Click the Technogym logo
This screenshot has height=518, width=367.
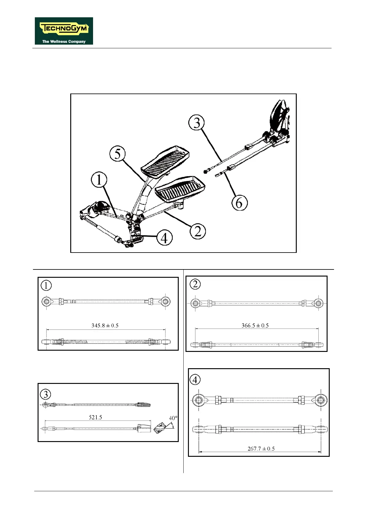[x=64, y=31]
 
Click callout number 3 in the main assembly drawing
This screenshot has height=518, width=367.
[x=197, y=123]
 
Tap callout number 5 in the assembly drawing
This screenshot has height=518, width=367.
[x=118, y=154]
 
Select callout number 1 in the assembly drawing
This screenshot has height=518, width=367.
[x=99, y=180]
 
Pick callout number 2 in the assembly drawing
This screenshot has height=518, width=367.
[x=198, y=231]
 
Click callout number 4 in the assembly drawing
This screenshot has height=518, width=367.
[x=164, y=238]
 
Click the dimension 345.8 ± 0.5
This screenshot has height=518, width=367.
[x=105, y=325]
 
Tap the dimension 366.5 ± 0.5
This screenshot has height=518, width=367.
[x=255, y=325]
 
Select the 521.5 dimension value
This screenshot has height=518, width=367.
[x=95, y=417]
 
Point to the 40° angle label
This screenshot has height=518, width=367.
[x=173, y=418]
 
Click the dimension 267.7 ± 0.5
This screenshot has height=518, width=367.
[x=261, y=448]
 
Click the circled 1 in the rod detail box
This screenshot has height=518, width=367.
[x=46, y=285]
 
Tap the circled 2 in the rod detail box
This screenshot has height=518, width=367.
[x=195, y=284]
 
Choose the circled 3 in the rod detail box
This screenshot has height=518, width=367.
[x=46, y=394]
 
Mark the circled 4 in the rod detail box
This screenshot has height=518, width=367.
[x=195, y=380]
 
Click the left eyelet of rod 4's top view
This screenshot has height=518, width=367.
[x=198, y=400]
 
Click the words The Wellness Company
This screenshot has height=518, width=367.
[x=64, y=42]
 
